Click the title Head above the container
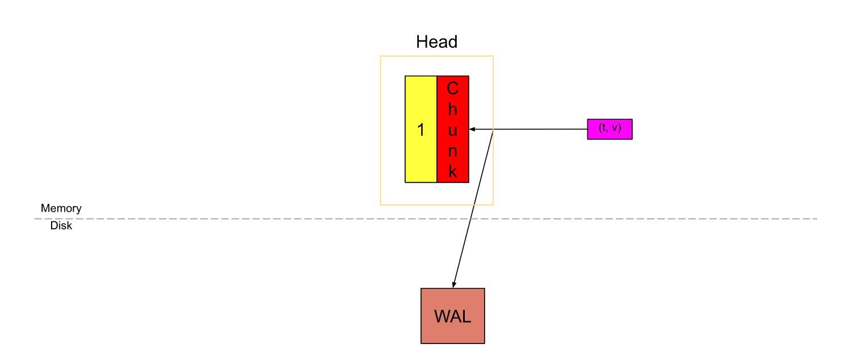(436, 42)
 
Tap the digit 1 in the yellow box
(421, 130)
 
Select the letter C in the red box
(452, 89)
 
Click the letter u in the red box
(452, 131)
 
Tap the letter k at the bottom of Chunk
(452, 172)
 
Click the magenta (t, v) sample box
(610, 129)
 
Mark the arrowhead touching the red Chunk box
(472, 129)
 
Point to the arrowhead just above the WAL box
(453, 284)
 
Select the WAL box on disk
(452, 316)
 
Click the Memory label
(61, 208)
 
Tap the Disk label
(61, 226)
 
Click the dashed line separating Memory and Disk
(227, 219)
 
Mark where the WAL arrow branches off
(494, 129)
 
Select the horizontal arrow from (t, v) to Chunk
(539, 129)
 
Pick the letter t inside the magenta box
(604, 128)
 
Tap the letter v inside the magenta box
(615, 129)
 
